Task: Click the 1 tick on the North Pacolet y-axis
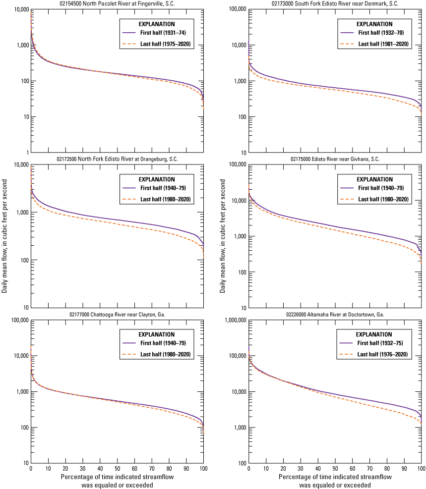(x=26, y=153)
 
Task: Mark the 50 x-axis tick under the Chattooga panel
(x=117, y=469)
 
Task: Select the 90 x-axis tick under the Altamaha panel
(x=404, y=469)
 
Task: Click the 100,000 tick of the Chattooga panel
(x=17, y=321)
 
